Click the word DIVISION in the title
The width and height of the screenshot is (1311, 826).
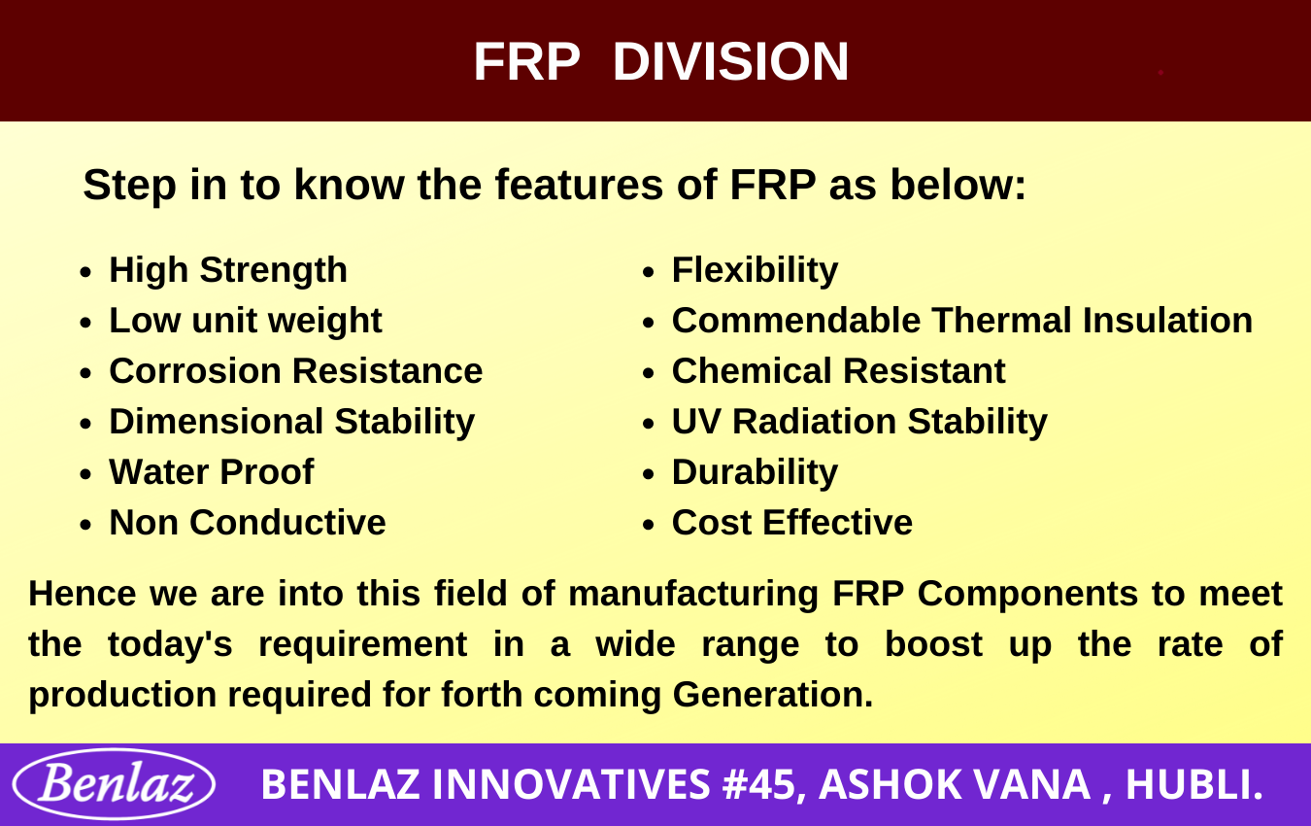pyautogui.click(x=731, y=61)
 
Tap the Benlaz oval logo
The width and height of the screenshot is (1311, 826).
pyautogui.click(x=115, y=784)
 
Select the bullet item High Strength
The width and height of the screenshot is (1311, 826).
pyautogui.click(x=228, y=271)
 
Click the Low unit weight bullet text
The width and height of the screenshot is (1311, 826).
pyautogui.click(x=246, y=321)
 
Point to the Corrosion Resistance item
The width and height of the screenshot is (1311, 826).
pyautogui.click(x=295, y=371)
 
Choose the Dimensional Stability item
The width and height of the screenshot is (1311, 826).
pyautogui.click(x=291, y=423)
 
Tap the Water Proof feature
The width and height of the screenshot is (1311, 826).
pyautogui.click(x=212, y=471)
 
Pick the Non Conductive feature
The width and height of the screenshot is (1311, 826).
pyautogui.click(x=248, y=522)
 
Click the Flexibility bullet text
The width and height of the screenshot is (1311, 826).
pyautogui.click(x=755, y=271)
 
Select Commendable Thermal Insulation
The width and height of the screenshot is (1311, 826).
pyautogui.click(x=962, y=320)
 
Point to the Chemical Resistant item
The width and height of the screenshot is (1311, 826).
pyautogui.click(x=838, y=371)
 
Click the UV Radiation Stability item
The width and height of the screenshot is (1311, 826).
pyautogui.click(x=859, y=423)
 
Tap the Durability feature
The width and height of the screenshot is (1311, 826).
pyautogui.click(x=755, y=472)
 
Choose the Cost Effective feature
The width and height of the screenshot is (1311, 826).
pyautogui.click(x=791, y=522)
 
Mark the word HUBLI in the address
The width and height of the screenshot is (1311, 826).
pyautogui.click(x=1193, y=784)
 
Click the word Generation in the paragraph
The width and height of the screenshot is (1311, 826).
pyautogui.click(x=773, y=695)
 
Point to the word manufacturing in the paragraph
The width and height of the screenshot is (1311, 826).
pyautogui.click(x=693, y=595)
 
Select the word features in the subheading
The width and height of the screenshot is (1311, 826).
pyautogui.click(x=579, y=185)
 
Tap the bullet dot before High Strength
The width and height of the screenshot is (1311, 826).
pyautogui.click(x=85, y=272)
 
